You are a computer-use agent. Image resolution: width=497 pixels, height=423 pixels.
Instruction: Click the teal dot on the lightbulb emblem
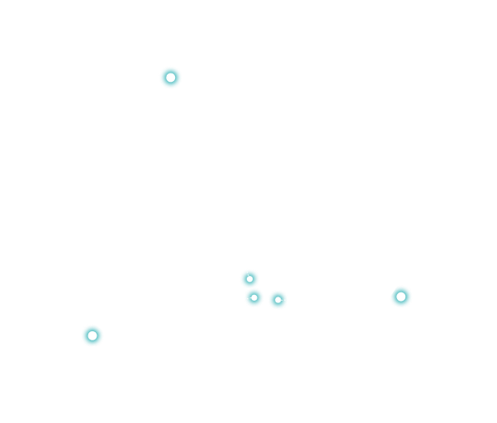click(x=171, y=78)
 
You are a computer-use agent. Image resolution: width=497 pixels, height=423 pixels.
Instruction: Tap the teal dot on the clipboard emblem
click(x=92, y=335)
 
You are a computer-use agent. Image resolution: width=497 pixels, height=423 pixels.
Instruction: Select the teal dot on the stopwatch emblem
click(x=400, y=296)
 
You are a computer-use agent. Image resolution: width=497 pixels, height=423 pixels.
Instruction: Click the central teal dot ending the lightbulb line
click(x=249, y=278)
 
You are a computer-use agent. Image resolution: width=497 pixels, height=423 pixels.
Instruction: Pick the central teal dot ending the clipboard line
click(x=254, y=297)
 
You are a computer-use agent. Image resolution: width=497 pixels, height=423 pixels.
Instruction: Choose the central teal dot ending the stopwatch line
click(x=278, y=299)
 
